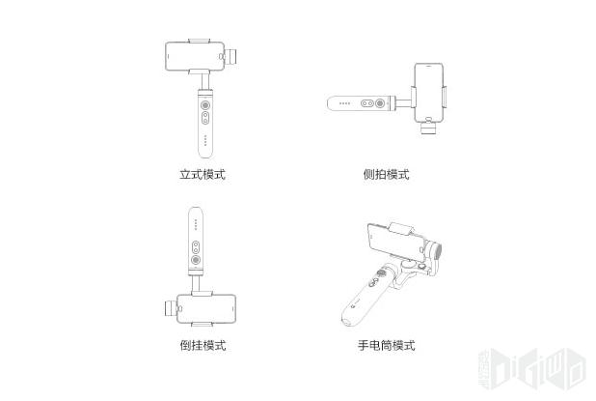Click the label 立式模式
point(202,175)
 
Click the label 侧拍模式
point(386,175)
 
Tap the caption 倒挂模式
point(202,345)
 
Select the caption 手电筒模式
point(386,345)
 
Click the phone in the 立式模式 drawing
point(196,56)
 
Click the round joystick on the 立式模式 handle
point(206,104)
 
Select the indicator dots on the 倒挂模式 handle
point(196,224)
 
